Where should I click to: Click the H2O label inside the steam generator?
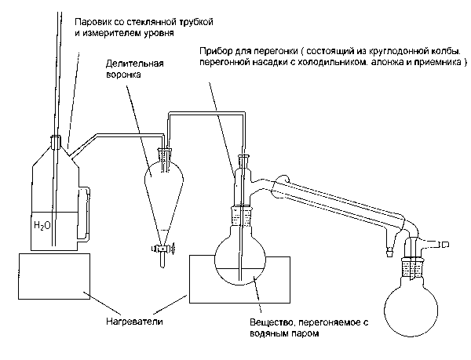coord(43,226)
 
